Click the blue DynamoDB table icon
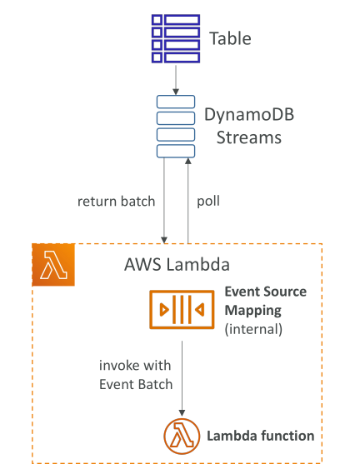176,38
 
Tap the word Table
230,38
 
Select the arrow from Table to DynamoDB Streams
176,80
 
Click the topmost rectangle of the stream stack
176,102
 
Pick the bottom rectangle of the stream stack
176,151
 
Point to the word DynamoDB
249,115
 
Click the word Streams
249,137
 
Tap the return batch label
116,202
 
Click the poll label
208,202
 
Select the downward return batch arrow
164,201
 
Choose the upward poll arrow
188,201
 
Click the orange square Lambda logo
53,265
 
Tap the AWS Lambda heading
177,265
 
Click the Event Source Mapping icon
182,310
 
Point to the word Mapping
252,311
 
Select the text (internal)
253,329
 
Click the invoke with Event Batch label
136,375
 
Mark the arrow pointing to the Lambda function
182,378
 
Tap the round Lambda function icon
182,437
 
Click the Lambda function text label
261,436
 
